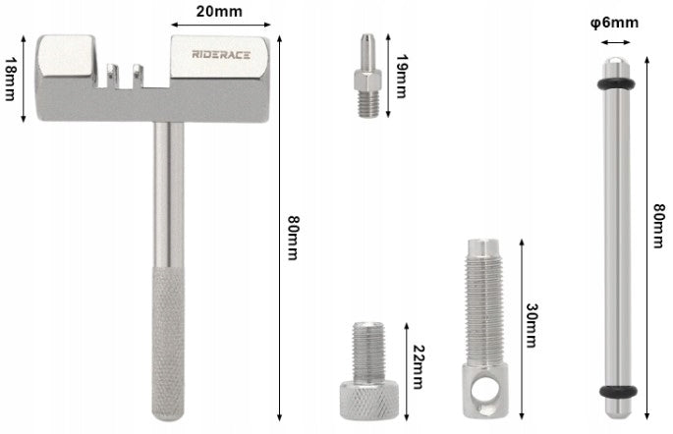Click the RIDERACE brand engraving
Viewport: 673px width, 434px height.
pyautogui.click(x=221, y=54)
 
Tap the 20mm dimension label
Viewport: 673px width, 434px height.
pyautogui.click(x=219, y=11)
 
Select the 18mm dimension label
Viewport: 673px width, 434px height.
pyautogui.click(x=10, y=79)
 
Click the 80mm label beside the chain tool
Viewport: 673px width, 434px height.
pyautogui.click(x=293, y=238)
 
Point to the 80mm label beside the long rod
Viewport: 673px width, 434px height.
pyautogui.click(x=658, y=226)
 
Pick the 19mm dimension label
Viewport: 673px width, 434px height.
pyautogui.click(x=401, y=76)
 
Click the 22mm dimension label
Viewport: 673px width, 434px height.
pyautogui.click(x=419, y=366)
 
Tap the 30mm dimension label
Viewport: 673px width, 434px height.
pyautogui.click(x=533, y=325)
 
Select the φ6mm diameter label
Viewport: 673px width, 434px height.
pyautogui.click(x=615, y=23)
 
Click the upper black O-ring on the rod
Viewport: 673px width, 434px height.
pyautogui.click(x=617, y=83)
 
